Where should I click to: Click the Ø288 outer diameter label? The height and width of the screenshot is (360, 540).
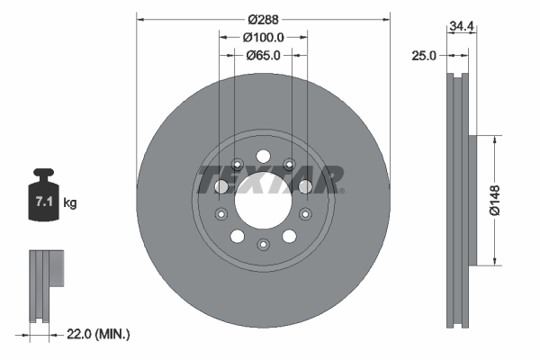[x=264, y=17]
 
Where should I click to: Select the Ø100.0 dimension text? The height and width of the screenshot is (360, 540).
[x=264, y=37]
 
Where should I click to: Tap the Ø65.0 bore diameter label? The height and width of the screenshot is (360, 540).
[x=264, y=55]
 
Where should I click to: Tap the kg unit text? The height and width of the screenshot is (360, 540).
[x=70, y=203]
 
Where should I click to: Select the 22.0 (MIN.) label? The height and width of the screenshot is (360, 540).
[x=98, y=334]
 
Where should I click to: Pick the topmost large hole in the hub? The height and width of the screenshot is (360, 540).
[x=263, y=154]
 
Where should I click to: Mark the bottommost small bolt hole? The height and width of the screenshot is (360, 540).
[x=263, y=244]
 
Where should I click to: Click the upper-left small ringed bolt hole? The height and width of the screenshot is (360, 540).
[x=237, y=164]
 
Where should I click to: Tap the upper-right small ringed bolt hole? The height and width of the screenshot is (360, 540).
[x=289, y=164]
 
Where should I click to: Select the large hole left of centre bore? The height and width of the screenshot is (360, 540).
[x=221, y=186]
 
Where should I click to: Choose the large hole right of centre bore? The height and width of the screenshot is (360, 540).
[x=304, y=186]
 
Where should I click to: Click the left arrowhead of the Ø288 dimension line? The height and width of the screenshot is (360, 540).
[x=140, y=17]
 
